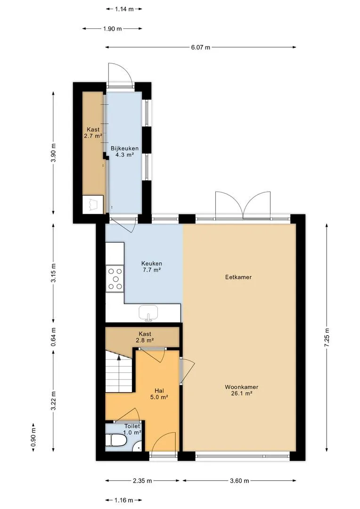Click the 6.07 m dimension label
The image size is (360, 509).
coord(201,48)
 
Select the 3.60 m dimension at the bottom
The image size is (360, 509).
coord(239,481)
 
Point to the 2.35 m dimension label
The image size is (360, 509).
coord(142,481)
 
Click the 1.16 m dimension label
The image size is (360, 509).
coord(123,500)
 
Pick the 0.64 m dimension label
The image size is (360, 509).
coord(54,337)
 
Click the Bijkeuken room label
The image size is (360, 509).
coord(125,152)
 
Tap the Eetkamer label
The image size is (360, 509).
coord(238,277)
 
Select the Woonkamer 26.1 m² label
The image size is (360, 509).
coord(242,390)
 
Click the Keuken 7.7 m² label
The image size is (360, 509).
coord(152,266)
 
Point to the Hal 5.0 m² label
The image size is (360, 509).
coord(159,394)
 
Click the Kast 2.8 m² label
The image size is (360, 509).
coord(145,337)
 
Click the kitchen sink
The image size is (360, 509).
coord(148,313)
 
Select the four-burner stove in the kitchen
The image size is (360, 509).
coord(115,278)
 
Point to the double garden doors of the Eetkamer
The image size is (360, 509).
coord(243,205)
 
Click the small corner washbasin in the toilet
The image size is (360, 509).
coord(139,448)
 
